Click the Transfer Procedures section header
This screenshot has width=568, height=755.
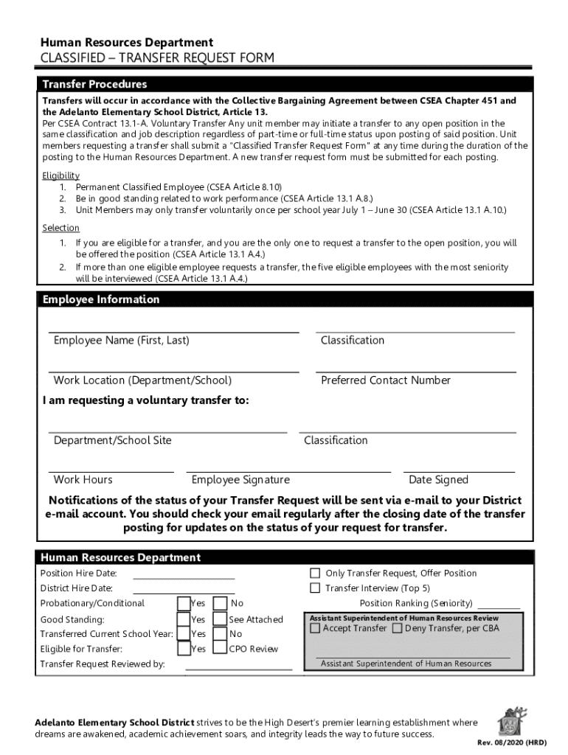[x=94, y=84]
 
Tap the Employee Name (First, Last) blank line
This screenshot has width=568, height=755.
[x=173, y=331]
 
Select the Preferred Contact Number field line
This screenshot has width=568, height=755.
[x=415, y=371]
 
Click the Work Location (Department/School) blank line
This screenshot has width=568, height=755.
[x=173, y=371]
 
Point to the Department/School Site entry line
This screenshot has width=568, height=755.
[x=167, y=431]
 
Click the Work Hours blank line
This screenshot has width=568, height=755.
[x=111, y=470]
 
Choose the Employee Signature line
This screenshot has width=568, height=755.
[x=288, y=470]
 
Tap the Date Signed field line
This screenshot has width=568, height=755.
[x=461, y=470]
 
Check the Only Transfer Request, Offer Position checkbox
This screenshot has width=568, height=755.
[x=315, y=573]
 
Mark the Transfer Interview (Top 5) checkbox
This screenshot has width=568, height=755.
[x=315, y=588]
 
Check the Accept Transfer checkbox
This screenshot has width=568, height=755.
[x=316, y=629]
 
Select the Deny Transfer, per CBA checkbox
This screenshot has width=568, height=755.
[x=398, y=629]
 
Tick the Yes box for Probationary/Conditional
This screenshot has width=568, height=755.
[x=184, y=603]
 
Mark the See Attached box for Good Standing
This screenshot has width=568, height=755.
[x=220, y=619]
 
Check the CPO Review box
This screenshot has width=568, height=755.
[x=220, y=649]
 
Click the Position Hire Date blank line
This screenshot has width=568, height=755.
[x=184, y=579]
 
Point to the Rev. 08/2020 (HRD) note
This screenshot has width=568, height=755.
[x=511, y=742]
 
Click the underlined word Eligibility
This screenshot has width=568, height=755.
[x=61, y=175]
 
